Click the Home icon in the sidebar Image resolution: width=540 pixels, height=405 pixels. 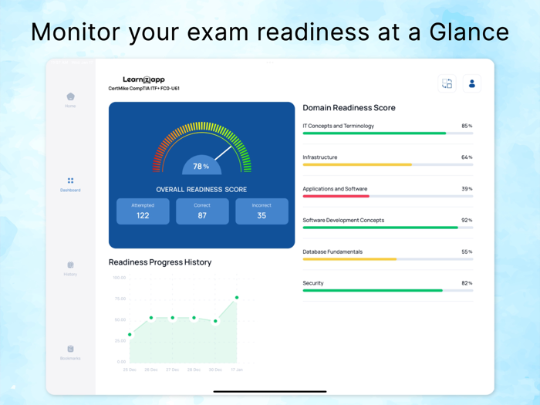tap(70, 97)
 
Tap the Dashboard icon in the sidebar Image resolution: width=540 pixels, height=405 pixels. tap(70, 181)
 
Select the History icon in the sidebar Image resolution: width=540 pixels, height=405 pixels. tap(70, 265)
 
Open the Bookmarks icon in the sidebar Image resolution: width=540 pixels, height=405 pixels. tap(70, 349)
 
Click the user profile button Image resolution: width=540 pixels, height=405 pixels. tap(472, 83)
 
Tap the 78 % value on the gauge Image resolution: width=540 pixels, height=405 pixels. tap(201, 166)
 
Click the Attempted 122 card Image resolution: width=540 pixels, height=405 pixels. tap(143, 211)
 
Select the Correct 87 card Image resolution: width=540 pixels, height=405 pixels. tap(202, 211)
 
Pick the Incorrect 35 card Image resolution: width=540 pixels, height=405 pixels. tap(262, 211)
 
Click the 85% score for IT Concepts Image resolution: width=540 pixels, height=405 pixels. tap(467, 126)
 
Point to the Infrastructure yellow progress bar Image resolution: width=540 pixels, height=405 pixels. tap(356, 164)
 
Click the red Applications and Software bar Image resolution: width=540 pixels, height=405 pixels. tap(336, 196)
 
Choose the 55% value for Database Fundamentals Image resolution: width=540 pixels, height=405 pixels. tap(467, 251)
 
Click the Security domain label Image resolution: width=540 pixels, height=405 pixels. tap(313, 283)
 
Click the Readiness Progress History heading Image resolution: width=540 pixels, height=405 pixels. tap(160, 262)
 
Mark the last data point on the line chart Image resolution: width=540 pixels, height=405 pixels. tap(237, 298)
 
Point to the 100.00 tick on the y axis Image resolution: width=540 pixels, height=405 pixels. tap(120, 278)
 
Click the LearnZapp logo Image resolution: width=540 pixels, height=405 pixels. tap(143, 79)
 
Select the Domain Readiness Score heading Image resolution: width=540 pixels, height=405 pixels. tap(349, 108)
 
